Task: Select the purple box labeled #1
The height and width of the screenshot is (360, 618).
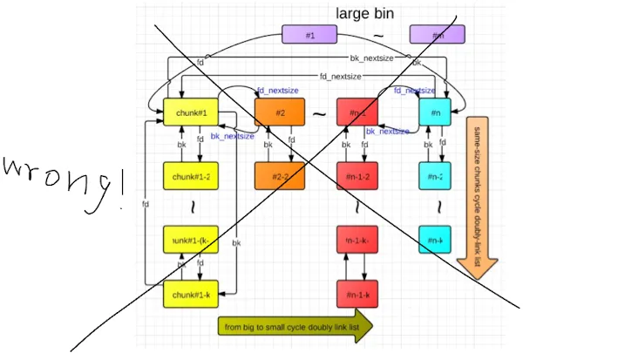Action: tap(309, 34)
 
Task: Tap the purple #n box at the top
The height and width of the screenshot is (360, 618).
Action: tap(437, 34)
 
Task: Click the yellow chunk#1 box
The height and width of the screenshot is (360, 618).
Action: tap(190, 112)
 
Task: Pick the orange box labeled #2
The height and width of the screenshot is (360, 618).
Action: tap(280, 112)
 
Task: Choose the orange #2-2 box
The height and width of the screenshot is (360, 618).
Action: tap(280, 175)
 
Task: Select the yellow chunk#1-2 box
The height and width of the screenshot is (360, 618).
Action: tap(190, 175)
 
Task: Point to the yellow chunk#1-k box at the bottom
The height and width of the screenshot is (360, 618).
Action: tap(190, 295)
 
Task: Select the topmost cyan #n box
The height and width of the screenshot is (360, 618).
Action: tap(434, 112)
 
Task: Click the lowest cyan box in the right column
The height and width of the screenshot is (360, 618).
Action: tap(434, 238)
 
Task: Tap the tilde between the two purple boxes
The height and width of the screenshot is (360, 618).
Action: tap(377, 36)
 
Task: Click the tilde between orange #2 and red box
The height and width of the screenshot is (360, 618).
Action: tap(319, 114)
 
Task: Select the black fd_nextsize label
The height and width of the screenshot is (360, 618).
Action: tap(339, 77)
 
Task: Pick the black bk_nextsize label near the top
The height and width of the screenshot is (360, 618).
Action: tap(372, 58)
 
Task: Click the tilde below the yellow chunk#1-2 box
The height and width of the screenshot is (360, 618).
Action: tap(190, 207)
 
